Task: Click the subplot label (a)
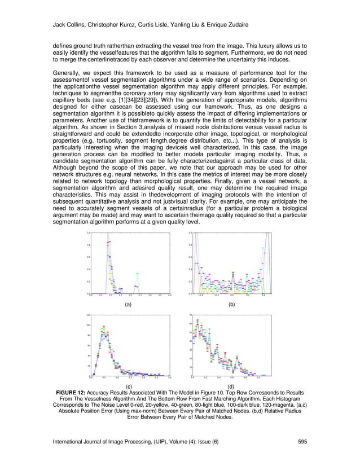pos(128,304)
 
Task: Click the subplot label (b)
pos(231,304)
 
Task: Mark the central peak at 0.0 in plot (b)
pos(231,271)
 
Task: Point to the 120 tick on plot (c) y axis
pos(88,315)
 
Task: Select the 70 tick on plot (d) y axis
pos(190,315)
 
